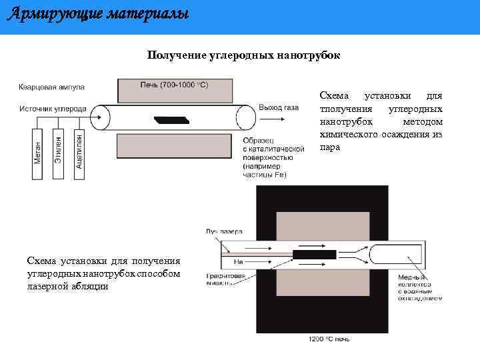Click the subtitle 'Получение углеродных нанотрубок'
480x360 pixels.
(x=243, y=55)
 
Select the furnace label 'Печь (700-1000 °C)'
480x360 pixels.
(x=173, y=85)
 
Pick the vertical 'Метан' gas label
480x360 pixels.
(x=37, y=154)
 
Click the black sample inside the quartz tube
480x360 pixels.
(x=172, y=120)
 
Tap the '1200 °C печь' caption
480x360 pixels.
(x=329, y=339)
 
